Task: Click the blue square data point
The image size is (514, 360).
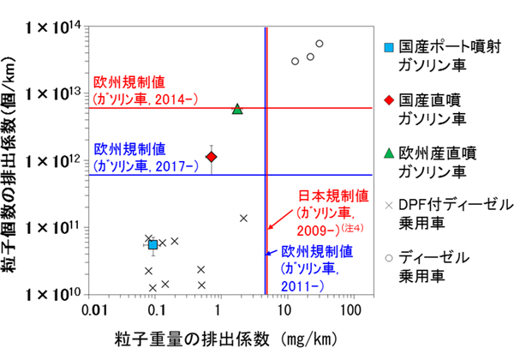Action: (x=153, y=245)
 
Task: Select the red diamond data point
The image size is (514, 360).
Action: (x=212, y=156)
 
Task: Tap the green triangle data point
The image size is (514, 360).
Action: (x=237, y=109)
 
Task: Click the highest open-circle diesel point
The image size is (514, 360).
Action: (x=320, y=44)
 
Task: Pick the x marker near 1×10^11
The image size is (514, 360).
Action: (x=244, y=218)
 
